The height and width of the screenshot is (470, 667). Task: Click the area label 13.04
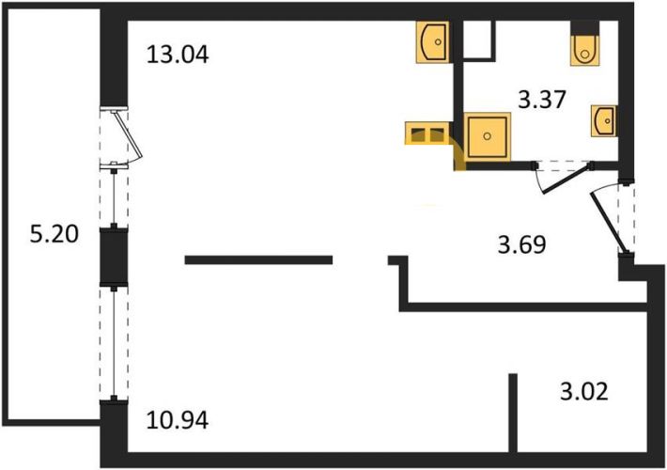[x=178, y=55]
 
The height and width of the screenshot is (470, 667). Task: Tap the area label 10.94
[x=178, y=420]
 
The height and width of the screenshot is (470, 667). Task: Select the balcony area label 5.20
[x=54, y=234]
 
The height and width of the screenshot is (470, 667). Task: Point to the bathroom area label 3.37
[x=541, y=101]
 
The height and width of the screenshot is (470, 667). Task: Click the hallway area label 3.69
[x=522, y=245]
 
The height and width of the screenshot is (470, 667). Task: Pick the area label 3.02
[x=584, y=392]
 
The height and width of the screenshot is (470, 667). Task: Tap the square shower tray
[x=487, y=136]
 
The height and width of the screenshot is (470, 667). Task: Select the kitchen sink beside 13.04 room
[x=433, y=41]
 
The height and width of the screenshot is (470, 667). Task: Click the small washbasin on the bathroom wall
[x=604, y=121]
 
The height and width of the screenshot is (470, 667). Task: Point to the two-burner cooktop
[x=427, y=133]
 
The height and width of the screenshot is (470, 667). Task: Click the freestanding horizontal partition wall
[x=258, y=259]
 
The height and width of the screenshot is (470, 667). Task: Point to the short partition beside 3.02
[x=513, y=413]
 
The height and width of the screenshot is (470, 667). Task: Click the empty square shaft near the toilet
[x=479, y=39]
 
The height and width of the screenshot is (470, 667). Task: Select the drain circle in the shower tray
[x=487, y=136]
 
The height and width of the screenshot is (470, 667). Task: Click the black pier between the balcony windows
[x=114, y=257]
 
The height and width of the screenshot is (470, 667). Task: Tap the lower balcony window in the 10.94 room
[x=114, y=343]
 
